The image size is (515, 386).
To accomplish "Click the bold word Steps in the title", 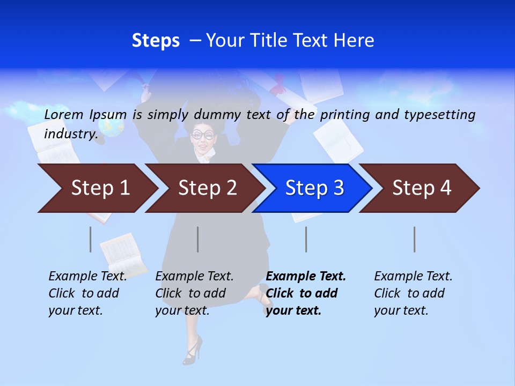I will point(156,41).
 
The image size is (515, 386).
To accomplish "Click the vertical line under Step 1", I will point(90,239).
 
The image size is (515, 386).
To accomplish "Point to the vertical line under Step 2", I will point(198,239).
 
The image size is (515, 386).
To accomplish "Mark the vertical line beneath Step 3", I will point(306,239).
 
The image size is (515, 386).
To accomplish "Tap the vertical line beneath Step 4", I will point(414,239).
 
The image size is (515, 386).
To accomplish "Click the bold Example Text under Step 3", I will point(305,293).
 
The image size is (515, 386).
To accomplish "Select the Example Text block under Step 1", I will point(87,293).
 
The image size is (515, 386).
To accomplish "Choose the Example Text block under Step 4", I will point(413,293).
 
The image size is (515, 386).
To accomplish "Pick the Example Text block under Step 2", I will point(194,293).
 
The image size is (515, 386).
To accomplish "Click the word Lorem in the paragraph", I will point(64,115).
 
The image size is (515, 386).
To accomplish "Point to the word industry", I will point(70,134).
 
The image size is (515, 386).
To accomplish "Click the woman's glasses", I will point(203,135).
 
